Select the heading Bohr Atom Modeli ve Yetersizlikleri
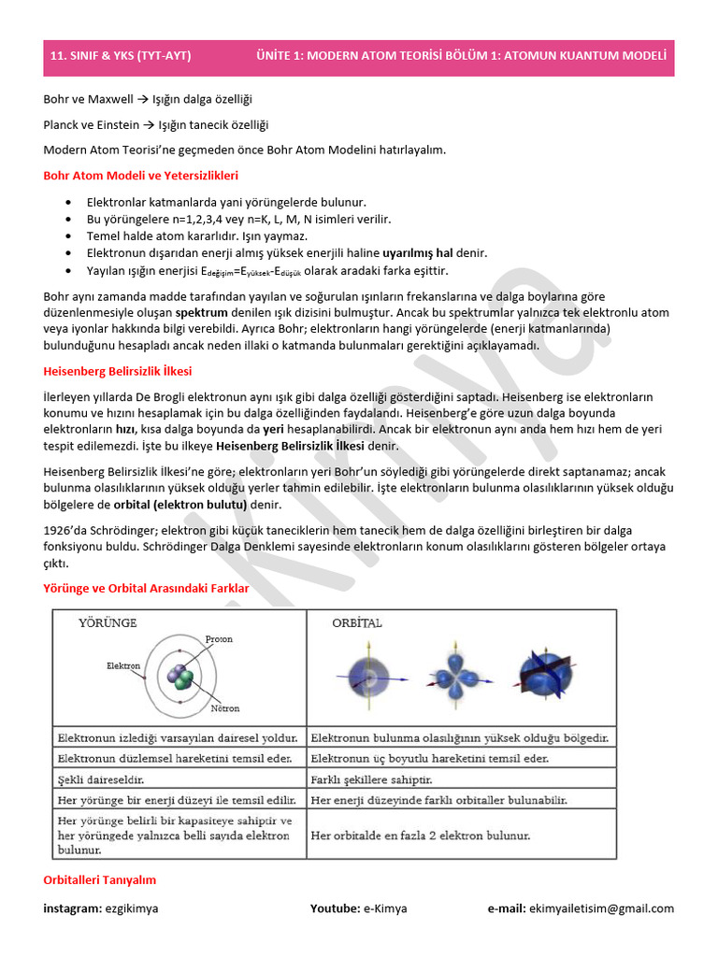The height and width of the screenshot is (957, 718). (141, 175)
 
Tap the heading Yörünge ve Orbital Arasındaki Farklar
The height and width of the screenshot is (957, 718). (147, 588)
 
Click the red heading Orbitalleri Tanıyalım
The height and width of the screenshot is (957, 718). (100, 879)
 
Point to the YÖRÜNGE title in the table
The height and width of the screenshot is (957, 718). (108, 622)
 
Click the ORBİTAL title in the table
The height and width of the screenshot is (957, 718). (357, 622)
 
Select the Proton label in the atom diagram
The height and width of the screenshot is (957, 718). (219, 639)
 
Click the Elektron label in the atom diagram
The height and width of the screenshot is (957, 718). (123, 666)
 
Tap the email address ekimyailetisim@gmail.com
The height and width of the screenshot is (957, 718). (601, 908)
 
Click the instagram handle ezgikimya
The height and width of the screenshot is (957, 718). (132, 908)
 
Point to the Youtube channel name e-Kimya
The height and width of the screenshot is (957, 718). (386, 908)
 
